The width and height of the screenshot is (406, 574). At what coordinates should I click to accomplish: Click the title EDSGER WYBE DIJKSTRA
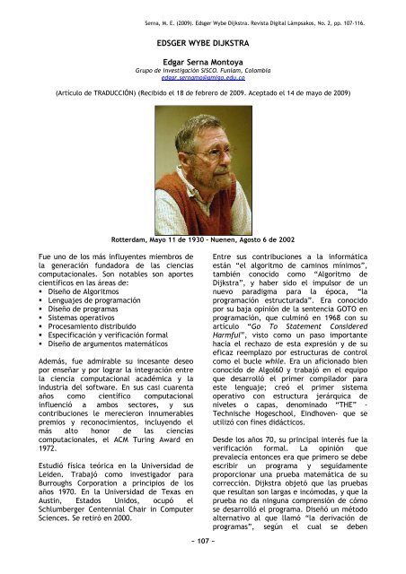(202, 40)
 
